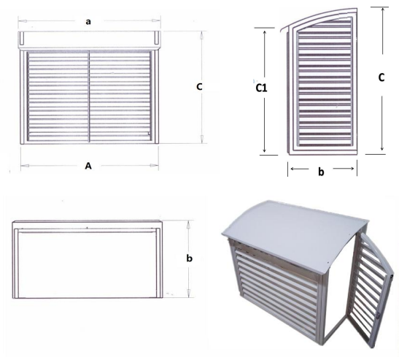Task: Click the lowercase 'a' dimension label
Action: (88, 22)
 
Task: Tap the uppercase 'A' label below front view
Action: (88, 166)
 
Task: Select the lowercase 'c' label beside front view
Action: (199, 87)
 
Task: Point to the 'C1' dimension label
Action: (261, 88)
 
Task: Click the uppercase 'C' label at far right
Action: (381, 77)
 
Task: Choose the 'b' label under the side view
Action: (321, 172)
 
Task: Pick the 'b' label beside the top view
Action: (190, 258)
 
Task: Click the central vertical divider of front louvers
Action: (89, 96)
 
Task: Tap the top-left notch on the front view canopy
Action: (22, 38)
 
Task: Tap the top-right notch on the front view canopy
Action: (157, 38)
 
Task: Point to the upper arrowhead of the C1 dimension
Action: (265, 32)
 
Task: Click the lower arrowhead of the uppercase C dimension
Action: (381, 148)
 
